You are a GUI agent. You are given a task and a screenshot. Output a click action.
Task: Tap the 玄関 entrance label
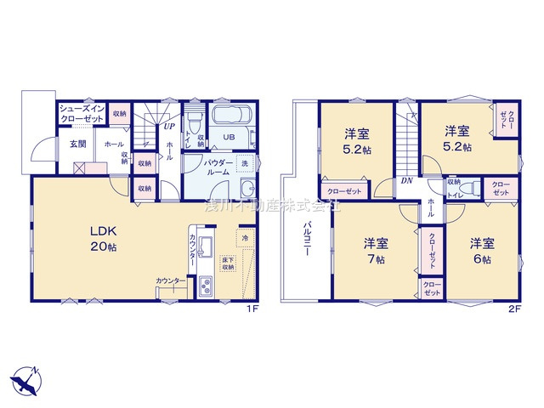tap(77, 144)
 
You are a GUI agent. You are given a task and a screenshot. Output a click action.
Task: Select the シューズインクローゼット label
tap(82, 113)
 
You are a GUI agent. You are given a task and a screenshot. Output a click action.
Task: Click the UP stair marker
tap(170, 127)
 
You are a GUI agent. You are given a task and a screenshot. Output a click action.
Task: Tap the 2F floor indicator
tap(516, 308)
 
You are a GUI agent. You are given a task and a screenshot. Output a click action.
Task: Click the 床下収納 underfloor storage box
tap(228, 263)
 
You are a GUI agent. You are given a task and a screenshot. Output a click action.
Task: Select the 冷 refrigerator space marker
tap(246, 239)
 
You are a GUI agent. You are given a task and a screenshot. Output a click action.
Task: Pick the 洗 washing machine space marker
tap(245, 163)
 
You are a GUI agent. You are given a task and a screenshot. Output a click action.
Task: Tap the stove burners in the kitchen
tap(204, 290)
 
